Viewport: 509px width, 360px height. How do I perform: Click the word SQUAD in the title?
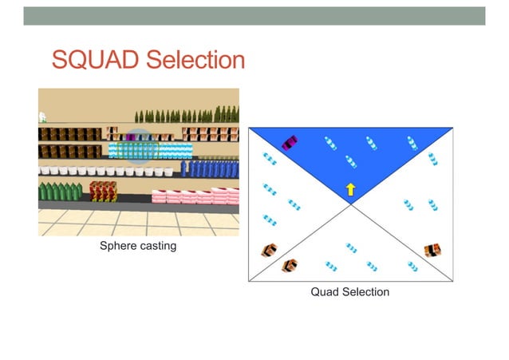pyautogui.click(x=91, y=59)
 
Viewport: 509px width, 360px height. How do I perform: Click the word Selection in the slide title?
pyautogui.click(x=188, y=59)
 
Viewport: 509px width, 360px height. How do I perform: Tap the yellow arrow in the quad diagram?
pyautogui.click(x=349, y=189)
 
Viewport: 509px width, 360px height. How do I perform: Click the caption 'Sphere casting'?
pyautogui.click(x=137, y=247)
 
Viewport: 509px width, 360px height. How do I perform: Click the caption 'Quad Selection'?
pyautogui.click(x=349, y=292)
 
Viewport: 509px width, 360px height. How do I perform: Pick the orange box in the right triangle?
pyautogui.click(x=433, y=250)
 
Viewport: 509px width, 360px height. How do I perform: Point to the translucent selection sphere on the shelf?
pyautogui.click(x=139, y=146)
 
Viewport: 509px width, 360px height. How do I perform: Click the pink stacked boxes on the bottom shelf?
pyautogui.click(x=195, y=196)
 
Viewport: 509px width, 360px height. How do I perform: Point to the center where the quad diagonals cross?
pyautogui.click(x=350, y=204)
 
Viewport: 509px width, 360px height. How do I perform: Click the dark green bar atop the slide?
pyautogui.click(x=254, y=16)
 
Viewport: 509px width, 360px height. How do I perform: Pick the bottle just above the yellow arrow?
pyautogui.click(x=349, y=163)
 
